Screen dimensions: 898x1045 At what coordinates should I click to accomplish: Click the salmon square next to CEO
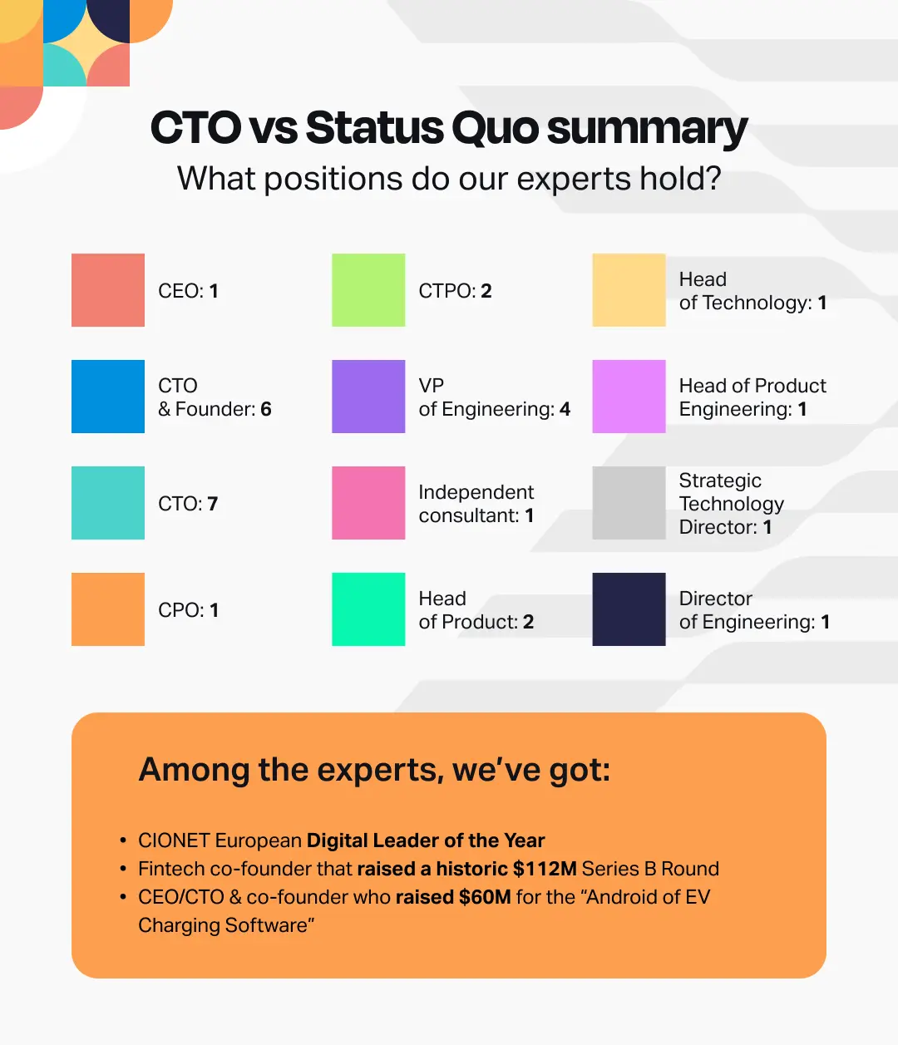[108, 289]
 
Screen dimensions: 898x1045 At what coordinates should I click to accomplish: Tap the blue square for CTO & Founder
[108, 397]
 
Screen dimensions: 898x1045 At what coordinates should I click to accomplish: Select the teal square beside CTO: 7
[108, 502]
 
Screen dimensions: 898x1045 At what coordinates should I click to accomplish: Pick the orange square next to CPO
[108, 609]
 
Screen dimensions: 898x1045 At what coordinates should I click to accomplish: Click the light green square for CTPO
[368, 289]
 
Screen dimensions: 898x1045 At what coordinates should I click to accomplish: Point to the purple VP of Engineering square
[368, 397]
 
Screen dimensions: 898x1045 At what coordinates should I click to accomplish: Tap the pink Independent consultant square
[368, 502]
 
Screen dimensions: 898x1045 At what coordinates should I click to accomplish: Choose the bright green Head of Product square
[368, 609]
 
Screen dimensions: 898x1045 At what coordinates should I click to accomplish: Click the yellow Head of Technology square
[629, 289]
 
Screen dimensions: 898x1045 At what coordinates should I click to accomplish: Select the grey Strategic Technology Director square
[629, 502]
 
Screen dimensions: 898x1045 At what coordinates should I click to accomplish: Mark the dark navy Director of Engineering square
[629, 609]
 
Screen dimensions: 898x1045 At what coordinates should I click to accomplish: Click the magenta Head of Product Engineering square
[629, 397]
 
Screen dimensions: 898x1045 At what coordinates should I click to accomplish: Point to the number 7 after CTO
[213, 504]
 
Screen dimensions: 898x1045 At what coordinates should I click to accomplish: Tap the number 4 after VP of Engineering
[565, 409]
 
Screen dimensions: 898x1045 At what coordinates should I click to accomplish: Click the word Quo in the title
[495, 128]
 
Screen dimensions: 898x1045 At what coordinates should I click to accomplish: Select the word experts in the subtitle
[574, 180]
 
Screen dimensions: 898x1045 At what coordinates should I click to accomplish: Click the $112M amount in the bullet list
[545, 869]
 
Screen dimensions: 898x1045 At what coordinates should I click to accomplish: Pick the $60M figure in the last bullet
[485, 897]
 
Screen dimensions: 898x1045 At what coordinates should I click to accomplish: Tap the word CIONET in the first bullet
[174, 840]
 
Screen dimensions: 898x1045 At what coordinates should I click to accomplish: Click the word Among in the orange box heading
[194, 770]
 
